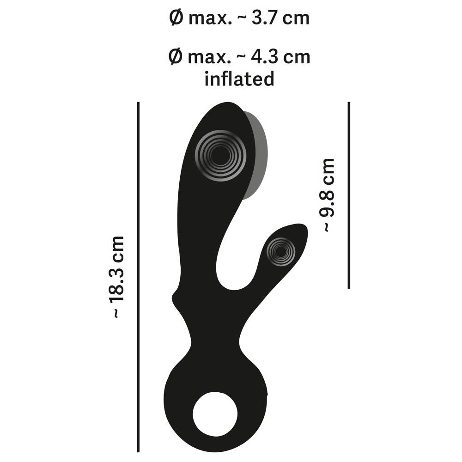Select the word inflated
[239, 79]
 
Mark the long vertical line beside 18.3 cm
[138, 277]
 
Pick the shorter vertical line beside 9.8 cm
[349, 195]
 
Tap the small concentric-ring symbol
[280, 252]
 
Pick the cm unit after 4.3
[297, 57]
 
